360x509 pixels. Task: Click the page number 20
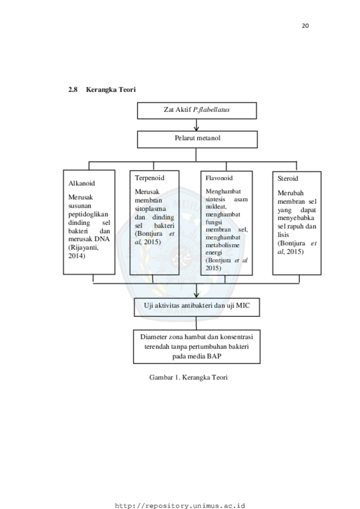(x=305, y=26)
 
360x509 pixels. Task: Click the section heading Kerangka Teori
(x=111, y=90)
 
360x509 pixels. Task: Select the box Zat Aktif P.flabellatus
(x=197, y=111)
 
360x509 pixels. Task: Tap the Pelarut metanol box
(x=197, y=139)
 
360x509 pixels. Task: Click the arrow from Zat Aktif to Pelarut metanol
(x=196, y=125)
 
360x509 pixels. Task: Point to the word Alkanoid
(x=81, y=183)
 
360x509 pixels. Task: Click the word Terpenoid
(x=150, y=178)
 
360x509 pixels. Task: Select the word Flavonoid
(x=219, y=178)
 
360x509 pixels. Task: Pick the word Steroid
(x=287, y=178)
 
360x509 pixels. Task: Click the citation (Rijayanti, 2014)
(x=83, y=251)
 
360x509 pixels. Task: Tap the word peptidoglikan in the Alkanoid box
(x=88, y=214)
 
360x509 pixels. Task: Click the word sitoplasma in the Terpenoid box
(x=150, y=209)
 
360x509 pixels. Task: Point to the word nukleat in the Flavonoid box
(x=216, y=207)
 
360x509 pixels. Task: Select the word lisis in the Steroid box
(x=283, y=235)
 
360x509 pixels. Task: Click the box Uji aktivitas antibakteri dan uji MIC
(x=197, y=307)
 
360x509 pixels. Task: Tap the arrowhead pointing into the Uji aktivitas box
(x=196, y=295)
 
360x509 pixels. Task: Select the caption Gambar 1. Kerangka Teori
(x=188, y=377)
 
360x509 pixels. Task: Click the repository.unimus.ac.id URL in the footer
(x=180, y=506)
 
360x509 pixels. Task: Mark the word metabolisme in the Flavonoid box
(x=222, y=245)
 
